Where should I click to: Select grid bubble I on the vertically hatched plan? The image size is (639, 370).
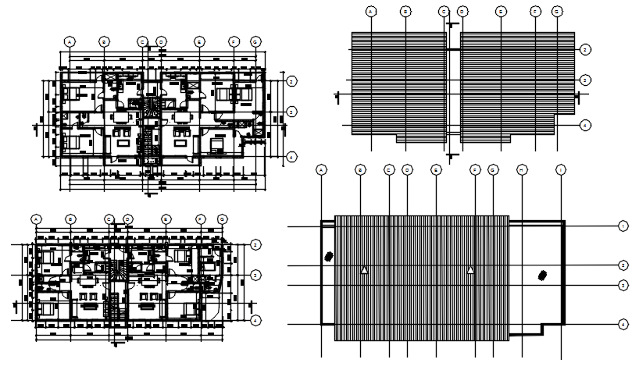[x=560, y=169]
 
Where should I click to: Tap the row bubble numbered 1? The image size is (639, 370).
[x=623, y=226]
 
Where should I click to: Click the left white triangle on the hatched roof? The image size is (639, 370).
[x=364, y=270]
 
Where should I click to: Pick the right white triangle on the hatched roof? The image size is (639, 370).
[x=471, y=270]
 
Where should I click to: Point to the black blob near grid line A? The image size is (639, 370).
[x=330, y=257]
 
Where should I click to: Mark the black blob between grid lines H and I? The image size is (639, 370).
[x=541, y=274]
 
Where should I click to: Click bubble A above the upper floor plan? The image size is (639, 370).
[x=70, y=41]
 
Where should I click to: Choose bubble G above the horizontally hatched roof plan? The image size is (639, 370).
[x=556, y=12]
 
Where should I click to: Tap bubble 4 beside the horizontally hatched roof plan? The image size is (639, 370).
[x=584, y=124]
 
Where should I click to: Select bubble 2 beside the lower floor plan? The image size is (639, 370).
[x=255, y=245]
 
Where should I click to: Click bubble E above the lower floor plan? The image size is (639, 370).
[x=166, y=219]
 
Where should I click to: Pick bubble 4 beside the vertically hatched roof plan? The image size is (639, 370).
[x=623, y=323]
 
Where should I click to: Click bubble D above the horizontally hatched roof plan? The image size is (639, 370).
[x=462, y=12]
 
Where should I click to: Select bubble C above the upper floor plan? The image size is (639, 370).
[x=142, y=41]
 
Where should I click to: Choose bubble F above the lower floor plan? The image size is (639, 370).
[x=201, y=219]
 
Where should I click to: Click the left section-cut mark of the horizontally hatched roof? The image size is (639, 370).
[x=337, y=97]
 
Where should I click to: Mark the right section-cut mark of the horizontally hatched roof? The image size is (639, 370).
[x=579, y=97]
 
